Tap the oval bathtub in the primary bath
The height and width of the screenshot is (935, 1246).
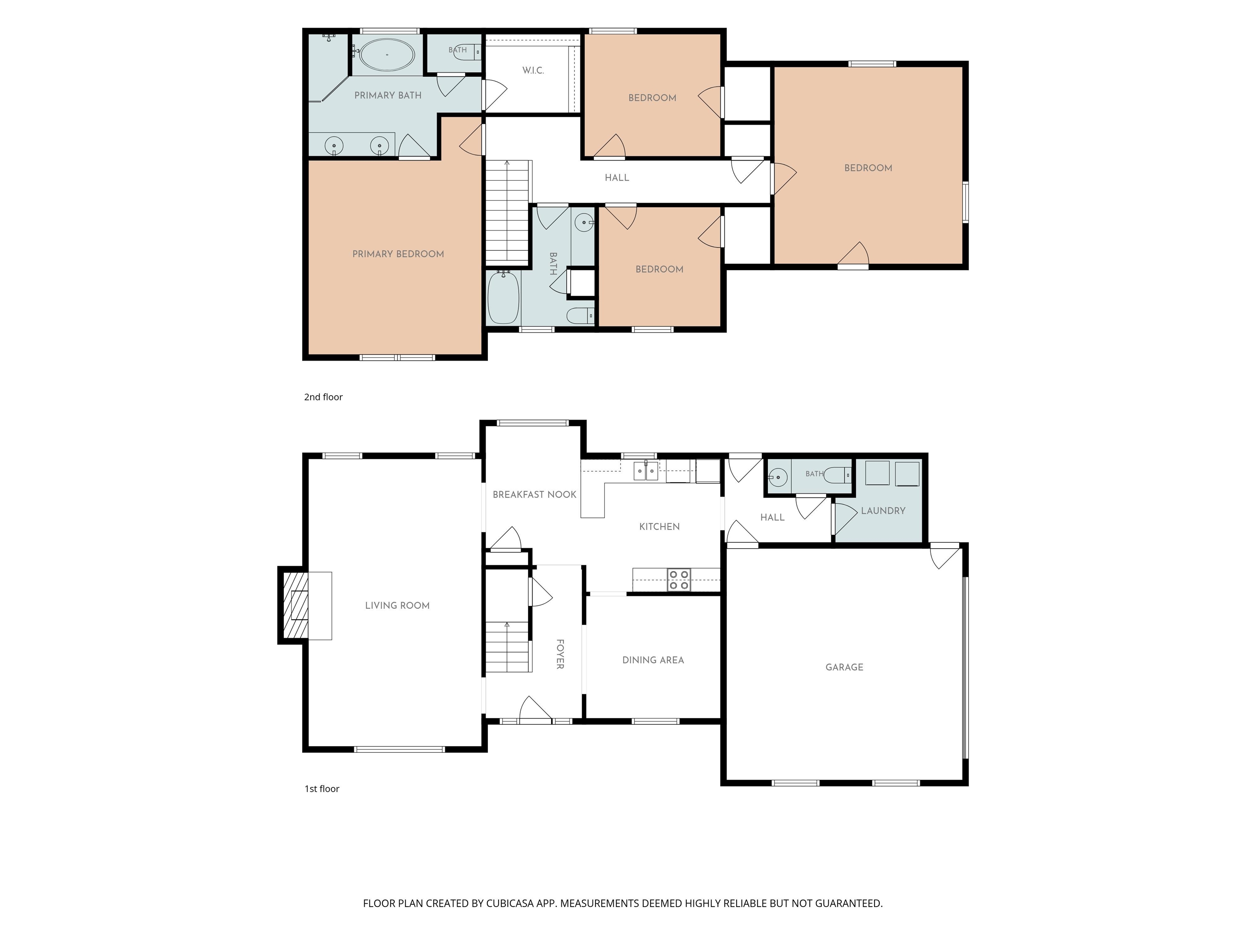pos(387,55)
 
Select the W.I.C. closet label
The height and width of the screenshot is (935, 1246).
pos(533,71)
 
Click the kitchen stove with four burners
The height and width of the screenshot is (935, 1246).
pos(679,580)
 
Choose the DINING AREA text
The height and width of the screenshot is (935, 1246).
pos(653,660)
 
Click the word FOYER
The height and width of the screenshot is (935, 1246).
pos(560,654)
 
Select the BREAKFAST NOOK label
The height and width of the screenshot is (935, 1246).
pos(534,495)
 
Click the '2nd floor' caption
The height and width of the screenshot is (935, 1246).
pos(323,397)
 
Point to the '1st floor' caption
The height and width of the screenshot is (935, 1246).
pos(322,789)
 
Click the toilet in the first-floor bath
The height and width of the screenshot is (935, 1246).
pos(837,475)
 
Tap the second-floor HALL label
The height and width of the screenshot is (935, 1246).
pos(617,177)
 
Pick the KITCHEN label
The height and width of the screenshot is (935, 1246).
pos(659,526)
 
